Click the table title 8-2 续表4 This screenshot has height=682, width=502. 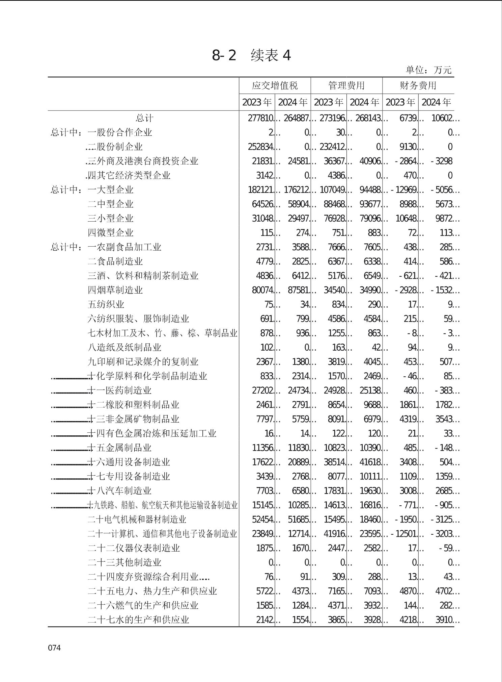click(251, 55)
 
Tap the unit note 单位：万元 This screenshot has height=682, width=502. click(428, 70)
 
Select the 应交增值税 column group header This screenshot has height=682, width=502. click(275, 85)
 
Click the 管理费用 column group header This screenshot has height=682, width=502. click(346, 85)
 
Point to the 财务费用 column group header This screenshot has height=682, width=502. click(418, 85)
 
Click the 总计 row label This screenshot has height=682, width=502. click(144, 118)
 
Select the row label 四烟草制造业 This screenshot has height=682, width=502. click(115, 290)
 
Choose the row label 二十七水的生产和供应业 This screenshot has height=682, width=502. click(138, 620)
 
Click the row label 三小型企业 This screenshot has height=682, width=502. click(110, 219)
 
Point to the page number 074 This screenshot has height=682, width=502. click(54, 648)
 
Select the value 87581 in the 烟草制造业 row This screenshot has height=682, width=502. click(298, 290)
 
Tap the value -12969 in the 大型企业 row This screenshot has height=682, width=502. click(404, 190)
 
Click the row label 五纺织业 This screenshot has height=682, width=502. click(106, 304)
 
